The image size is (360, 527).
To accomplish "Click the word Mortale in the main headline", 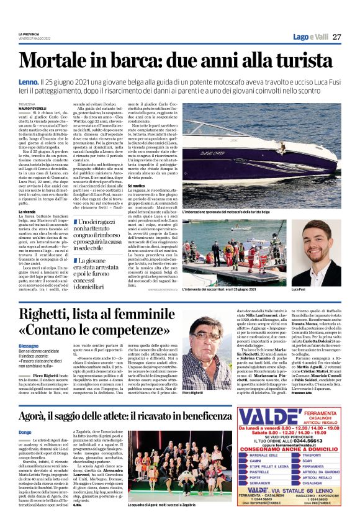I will (x=58, y=61).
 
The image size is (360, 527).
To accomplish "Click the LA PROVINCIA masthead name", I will (x=29, y=33).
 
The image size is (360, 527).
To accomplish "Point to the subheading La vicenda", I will (x=26, y=212).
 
